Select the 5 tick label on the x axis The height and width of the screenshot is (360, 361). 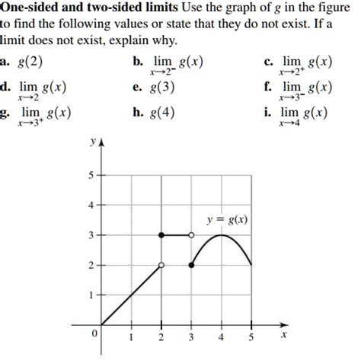tap(251, 338)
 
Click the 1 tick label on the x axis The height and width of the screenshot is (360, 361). tap(131, 338)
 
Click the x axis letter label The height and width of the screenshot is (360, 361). tap(283, 333)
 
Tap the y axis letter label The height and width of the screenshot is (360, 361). tap(91, 142)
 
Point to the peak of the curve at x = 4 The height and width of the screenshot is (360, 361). tap(221, 235)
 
